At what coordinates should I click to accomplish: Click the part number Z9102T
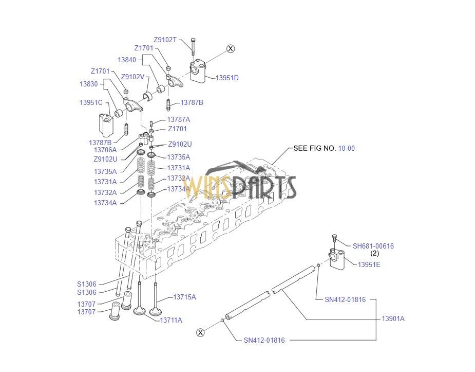point(165,40)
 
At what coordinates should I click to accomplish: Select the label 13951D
point(227,78)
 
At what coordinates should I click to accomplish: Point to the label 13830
point(88,84)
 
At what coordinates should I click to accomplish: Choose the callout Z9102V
point(132,77)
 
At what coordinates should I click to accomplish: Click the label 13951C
point(91,103)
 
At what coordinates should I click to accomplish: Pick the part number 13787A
point(178,119)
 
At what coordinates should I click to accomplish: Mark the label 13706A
point(105,150)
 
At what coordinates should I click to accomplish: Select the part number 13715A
point(184,297)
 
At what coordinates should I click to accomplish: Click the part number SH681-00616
point(373,246)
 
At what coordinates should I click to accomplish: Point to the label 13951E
point(369,264)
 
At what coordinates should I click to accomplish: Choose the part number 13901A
point(393,318)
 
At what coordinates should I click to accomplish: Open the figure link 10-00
point(347,148)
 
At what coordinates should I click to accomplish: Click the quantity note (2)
point(375,254)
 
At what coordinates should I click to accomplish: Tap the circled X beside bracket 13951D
point(231,48)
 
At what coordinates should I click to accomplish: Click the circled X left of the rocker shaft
point(201,332)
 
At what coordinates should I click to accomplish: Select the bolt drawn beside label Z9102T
point(193,46)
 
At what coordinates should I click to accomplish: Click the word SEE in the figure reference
point(300,148)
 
